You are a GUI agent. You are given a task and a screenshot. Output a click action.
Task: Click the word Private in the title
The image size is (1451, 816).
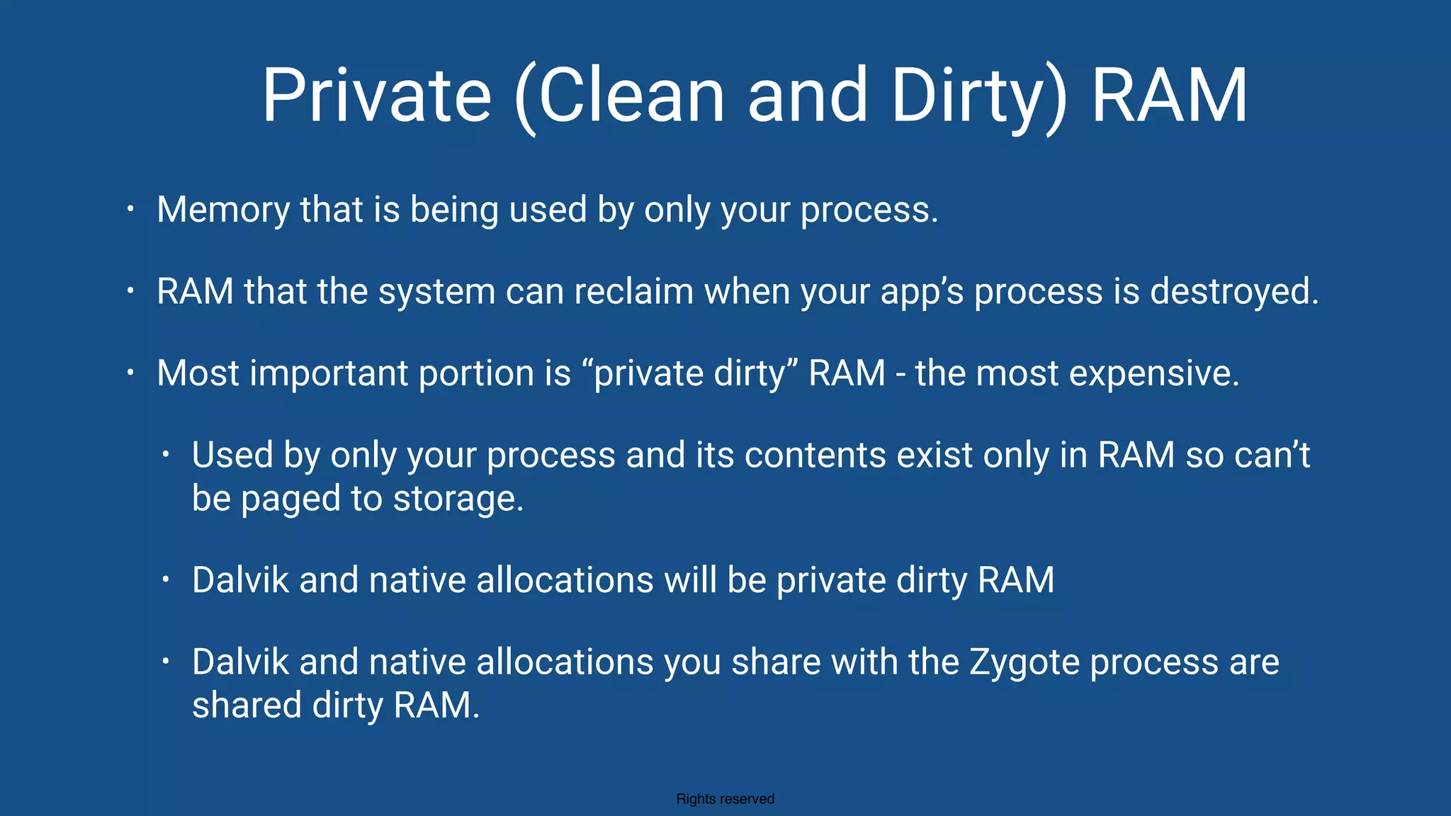(x=376, y=95)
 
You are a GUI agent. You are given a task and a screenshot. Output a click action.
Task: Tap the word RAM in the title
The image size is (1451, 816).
(x=1169, y=95)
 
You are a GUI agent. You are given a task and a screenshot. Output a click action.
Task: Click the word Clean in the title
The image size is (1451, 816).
(x=631, y=95)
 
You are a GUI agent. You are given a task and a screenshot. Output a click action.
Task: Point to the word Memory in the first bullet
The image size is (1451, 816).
(x=223, y=210)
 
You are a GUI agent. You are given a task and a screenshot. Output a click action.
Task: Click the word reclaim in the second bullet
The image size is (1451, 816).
(x=633, y=291)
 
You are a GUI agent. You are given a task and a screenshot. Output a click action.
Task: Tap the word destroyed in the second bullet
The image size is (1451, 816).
(x=1233, y=291)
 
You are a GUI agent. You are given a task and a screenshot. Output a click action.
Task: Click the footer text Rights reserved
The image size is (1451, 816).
(x=725, y=799)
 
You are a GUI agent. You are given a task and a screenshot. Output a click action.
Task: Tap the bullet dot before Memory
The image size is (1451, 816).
(x=130, y=210)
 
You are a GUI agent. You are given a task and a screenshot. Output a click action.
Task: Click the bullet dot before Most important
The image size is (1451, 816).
(x=130, y=373)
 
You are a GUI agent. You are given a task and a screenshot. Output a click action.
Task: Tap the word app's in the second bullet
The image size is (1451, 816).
(x=922, y=291)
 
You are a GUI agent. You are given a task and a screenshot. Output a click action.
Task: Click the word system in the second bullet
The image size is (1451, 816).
(x=436, y=291)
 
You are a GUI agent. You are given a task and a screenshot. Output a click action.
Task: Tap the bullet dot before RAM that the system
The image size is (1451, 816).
(x=130, y=291)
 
